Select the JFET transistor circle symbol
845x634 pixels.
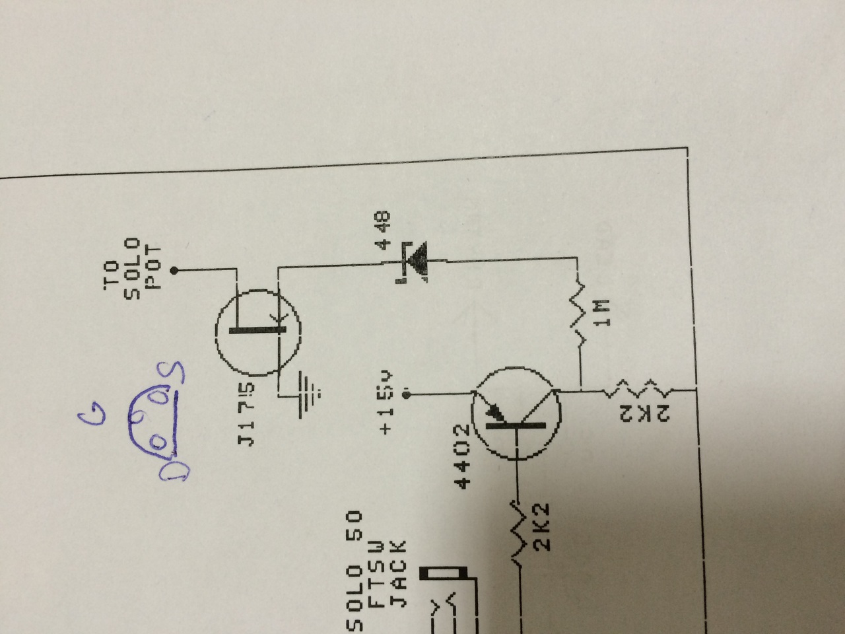click(258, 334)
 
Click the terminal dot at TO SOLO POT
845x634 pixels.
click(174, 270)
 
